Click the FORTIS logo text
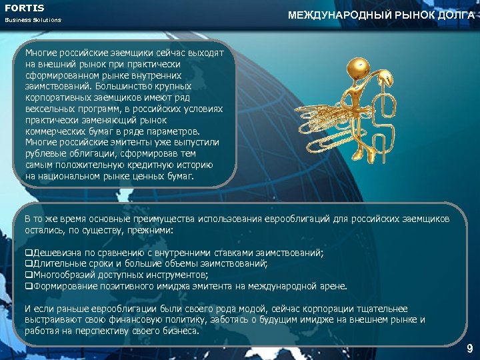pos(25,8)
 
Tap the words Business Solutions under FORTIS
pos(33,20)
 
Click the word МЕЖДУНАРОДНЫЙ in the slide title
pos(328,15)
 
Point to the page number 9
pos(469,349)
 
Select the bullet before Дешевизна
pos(29,254)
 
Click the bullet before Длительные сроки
pos(29,264)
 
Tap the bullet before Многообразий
pos(29,275)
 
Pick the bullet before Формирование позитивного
pos(29,285)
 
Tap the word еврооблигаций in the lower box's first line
pos(294,219)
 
